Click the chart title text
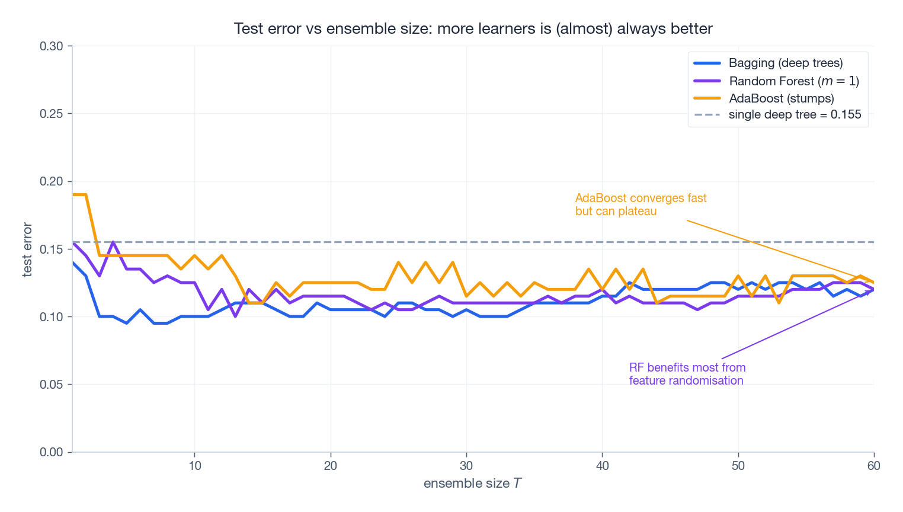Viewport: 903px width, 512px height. point(473,28)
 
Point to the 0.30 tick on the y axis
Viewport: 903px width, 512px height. point(51,46)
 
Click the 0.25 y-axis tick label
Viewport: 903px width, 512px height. point(51,114)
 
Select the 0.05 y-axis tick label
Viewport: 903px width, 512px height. point(51,385)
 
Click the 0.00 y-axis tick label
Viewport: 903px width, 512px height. point(51,452)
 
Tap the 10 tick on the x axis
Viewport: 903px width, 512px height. point(194,466)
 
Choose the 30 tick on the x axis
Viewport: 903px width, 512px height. point(466,466)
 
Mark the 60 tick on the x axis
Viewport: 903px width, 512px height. point(873,466)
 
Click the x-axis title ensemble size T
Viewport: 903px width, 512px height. point(472,484)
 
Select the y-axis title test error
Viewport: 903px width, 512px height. point(27,249)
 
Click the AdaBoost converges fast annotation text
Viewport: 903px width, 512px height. point(641,204)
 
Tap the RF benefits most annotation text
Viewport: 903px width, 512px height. point(687,374)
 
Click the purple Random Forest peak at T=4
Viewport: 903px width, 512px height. point(113,242)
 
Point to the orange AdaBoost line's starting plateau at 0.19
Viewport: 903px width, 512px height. point(79,194)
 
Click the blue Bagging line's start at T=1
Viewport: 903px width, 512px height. point(73,263)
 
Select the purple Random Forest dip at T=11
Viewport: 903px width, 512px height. point(208,309)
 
